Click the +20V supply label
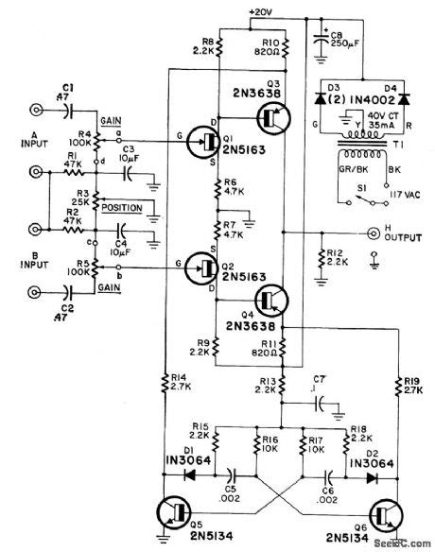262,11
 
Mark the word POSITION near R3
126,203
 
